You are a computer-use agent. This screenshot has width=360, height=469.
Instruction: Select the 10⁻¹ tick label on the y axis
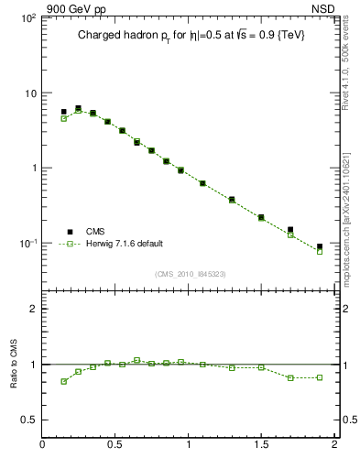[27, 243]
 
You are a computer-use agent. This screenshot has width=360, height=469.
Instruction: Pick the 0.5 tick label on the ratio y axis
[27, 420]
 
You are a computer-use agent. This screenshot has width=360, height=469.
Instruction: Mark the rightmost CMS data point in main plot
[320, 246]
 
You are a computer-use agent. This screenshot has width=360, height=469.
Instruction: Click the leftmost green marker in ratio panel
[64, 381]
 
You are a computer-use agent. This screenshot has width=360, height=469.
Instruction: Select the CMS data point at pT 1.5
[261, 217]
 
